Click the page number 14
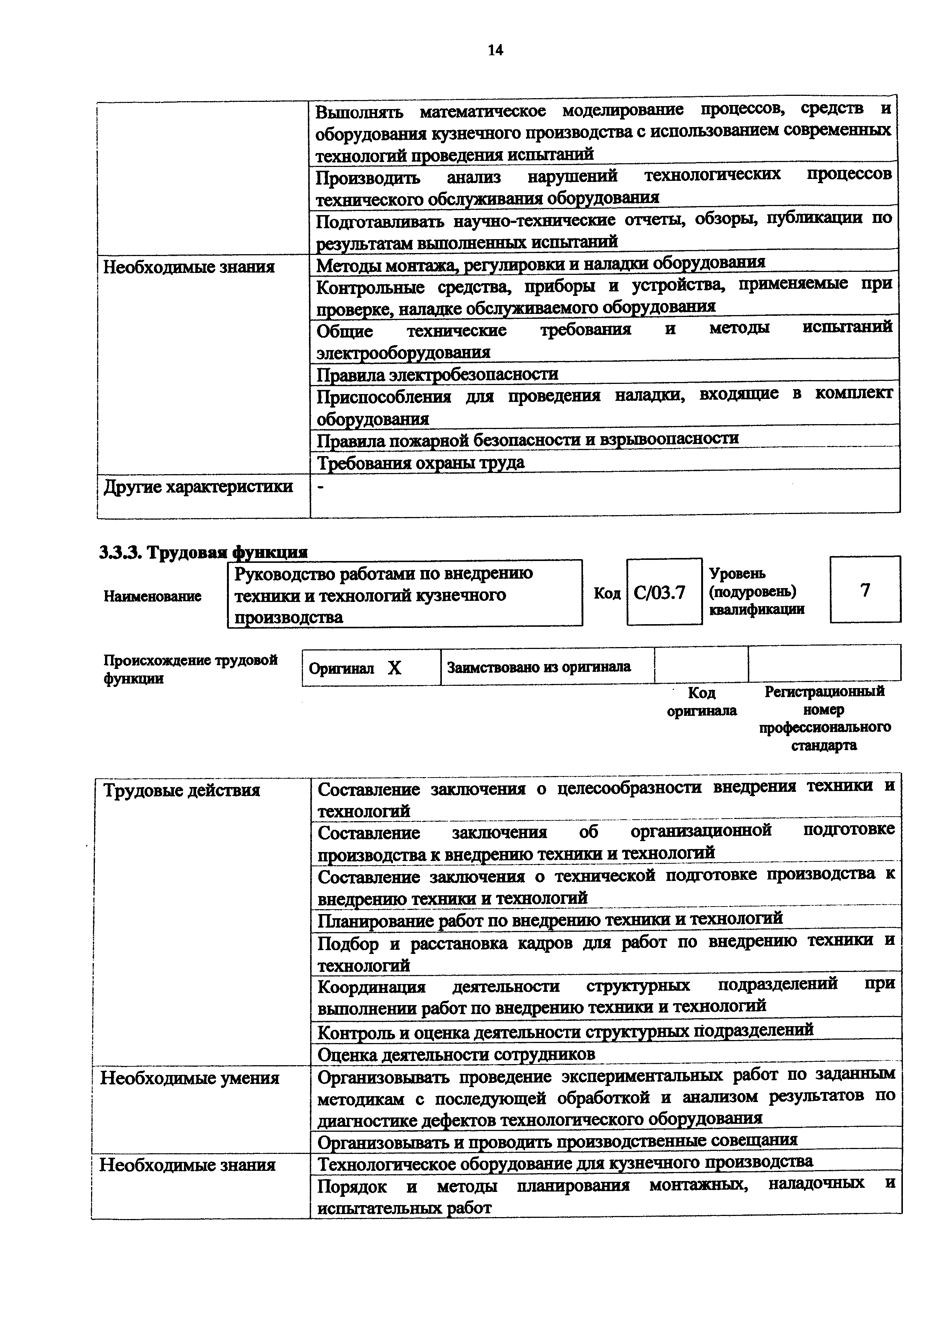pyautogui.click(x=495, y=50)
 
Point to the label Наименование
pyautogui.click(x=152, y=596)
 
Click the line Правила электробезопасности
pyautogui.click(x=437, y=374)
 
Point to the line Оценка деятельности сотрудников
pyautogui.click(x=457, y=1055)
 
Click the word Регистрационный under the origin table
pyautogui.click(x=824, y=691)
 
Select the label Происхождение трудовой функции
pyautogui.click(x=190, y=669)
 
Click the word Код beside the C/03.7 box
pyautogui.click(x=607, y=593)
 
